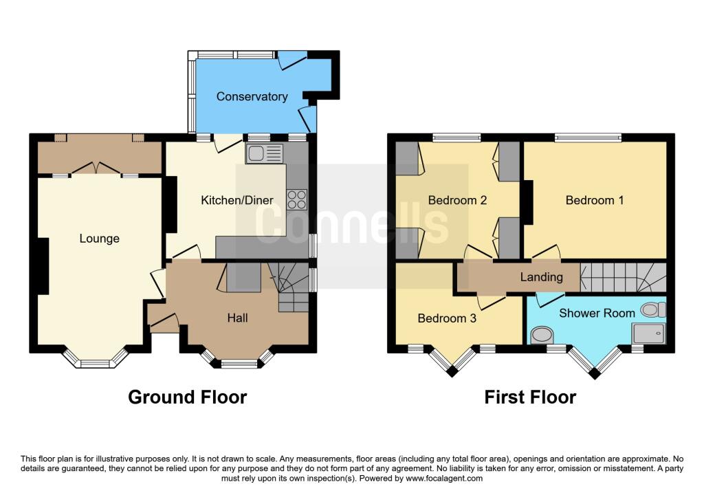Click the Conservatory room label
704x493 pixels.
pos(252,96)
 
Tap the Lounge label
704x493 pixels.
pos(99,239)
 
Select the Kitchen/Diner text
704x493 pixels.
pos(237,200)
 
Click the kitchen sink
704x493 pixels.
pos(264,153)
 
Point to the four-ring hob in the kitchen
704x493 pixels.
pos(297,200)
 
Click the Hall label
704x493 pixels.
pos(237,318)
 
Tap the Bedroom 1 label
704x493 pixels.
pos(595,200)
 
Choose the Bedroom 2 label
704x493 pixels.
pos(457,200)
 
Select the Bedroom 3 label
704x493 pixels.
pos(447,318)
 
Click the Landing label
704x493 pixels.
pos(542,277)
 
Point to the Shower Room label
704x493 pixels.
pos(597,313)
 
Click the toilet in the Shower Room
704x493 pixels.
pos(653,309)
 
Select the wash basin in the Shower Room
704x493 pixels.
pos(542,335)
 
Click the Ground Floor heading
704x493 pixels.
pos(187,397)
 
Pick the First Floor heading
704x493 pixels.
pos(530,397)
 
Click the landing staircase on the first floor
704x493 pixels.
pos(623,278)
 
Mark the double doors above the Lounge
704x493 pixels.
pos(96,168)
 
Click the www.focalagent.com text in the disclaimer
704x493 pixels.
pos(444,479)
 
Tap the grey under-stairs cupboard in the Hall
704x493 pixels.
pos(244,278)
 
